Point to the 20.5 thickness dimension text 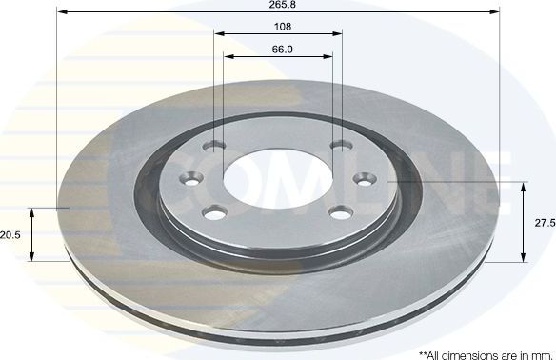(10, 234)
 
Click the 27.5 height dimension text (545, 221)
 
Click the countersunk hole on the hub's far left (193, 180)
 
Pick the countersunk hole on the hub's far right (363, 177)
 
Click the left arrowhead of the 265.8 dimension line (62, 12)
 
